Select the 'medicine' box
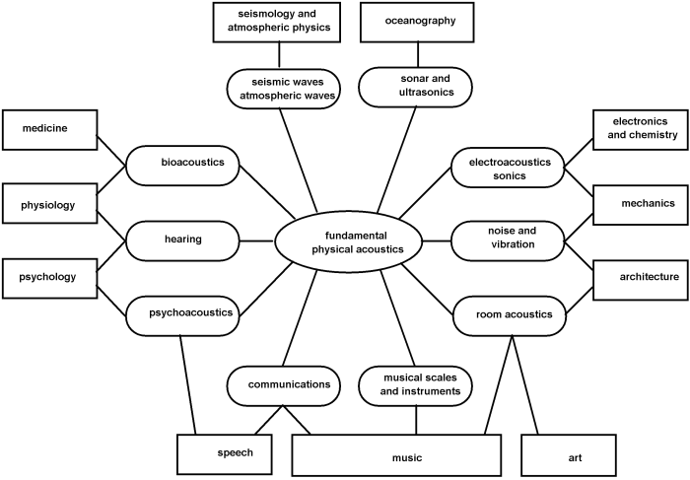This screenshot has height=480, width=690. click(50, 126)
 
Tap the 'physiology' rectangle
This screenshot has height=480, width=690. click(49, 205)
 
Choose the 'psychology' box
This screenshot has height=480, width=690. click(49, 277)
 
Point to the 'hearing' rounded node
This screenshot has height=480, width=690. click(183, 239)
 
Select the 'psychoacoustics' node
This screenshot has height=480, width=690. click(184, 313)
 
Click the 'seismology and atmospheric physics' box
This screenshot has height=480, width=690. click(277, 22)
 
